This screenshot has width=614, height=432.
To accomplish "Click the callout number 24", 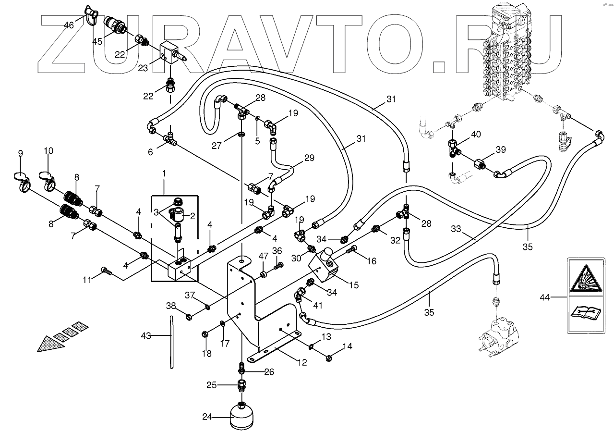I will [207, 417].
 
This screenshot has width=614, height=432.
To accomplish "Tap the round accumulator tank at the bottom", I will [242, 416].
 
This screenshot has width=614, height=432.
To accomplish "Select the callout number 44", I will [544, 297].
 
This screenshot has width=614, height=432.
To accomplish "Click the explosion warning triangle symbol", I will [585, 280].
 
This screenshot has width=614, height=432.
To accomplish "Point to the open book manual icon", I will [584, 314].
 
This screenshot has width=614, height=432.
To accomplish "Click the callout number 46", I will [69, 25].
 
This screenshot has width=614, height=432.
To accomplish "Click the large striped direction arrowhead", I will [48, 342].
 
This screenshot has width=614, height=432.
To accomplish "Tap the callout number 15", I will [353, 285].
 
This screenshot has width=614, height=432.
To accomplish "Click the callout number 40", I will [475, 134].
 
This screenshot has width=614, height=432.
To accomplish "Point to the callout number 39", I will [501, 150].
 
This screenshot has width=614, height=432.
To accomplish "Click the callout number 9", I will [20, 154].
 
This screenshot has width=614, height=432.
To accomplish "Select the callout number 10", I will [48, 151].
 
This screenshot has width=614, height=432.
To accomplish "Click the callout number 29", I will [309, 158].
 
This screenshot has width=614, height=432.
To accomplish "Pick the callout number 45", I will [97, 41].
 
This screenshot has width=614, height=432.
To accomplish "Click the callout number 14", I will [346, 346].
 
